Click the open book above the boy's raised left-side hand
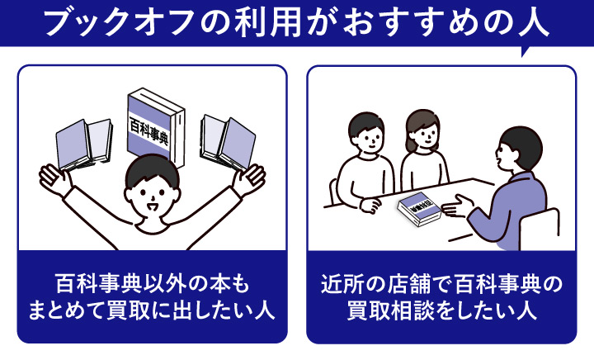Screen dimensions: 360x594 (x=83, y=143)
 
